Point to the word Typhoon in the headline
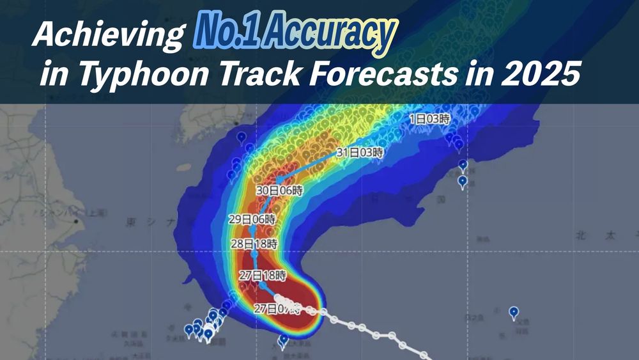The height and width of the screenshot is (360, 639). point(147,77)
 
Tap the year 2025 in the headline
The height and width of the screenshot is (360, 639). point(544,77)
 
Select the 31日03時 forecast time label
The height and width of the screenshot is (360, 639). point(360,153)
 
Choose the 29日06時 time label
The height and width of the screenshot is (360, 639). point(253,219)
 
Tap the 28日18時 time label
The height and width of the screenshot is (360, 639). point(253,244)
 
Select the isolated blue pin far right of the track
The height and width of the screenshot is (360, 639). point(514,312)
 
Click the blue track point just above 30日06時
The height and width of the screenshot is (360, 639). point(281,180)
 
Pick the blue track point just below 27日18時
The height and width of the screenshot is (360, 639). point(263,286)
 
